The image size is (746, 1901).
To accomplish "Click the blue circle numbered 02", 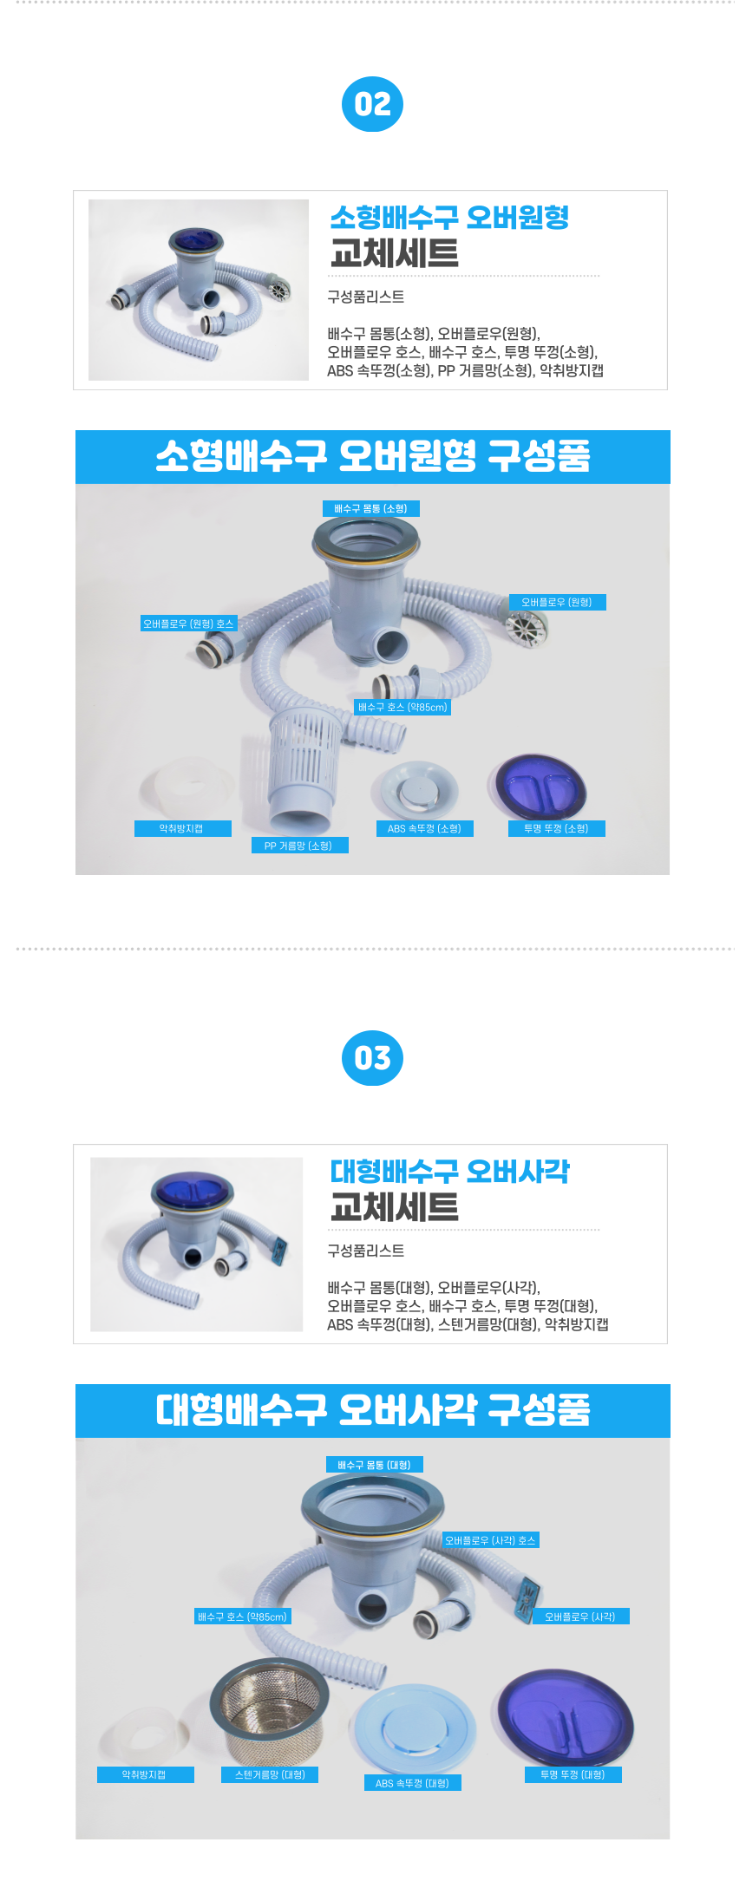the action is (372, 104).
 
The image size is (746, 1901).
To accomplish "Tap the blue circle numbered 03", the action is (372, 1058).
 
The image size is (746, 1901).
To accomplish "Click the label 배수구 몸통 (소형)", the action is (371, 508).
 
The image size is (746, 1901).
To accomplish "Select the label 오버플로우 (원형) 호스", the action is (188, 624).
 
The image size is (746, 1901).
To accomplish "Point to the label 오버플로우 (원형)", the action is (557, 602).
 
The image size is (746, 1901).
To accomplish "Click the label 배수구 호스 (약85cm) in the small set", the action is (402, 707).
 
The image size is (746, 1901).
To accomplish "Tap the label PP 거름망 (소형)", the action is (299, 846).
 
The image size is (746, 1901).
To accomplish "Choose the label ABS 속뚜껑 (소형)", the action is (424, 828).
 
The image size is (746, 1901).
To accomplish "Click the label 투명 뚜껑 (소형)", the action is (556, 828).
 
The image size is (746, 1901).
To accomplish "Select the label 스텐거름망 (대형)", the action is (270, 1774).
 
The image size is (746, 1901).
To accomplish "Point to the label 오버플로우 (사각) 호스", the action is (491, 1540).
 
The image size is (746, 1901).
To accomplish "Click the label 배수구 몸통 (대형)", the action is (375, 1465).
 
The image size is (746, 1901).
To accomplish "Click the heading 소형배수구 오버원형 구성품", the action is (373, 456).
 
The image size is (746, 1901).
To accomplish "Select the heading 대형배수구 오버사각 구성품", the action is (373, 1410).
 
